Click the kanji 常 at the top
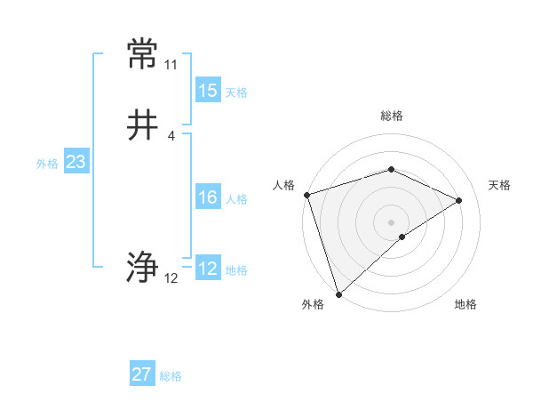(142, 55)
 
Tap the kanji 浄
(142, 268)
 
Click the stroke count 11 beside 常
(171, 65)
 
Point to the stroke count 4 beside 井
(171, 136)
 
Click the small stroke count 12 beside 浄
(171, 278)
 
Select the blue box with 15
(208, 91)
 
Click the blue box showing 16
(208, 197)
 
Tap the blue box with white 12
(208, 269)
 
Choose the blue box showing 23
(76, 162)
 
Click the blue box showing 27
(142, 374)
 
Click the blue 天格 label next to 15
(236, 92)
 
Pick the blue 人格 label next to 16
(236, 198)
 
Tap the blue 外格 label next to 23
(47, 163)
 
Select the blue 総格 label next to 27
(171, 375)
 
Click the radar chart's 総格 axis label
(391, 116)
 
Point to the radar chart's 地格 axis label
(465, 304)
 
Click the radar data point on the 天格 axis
(459, 200)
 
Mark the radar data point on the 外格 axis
(338, 293)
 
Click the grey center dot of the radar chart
(391, 221)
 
